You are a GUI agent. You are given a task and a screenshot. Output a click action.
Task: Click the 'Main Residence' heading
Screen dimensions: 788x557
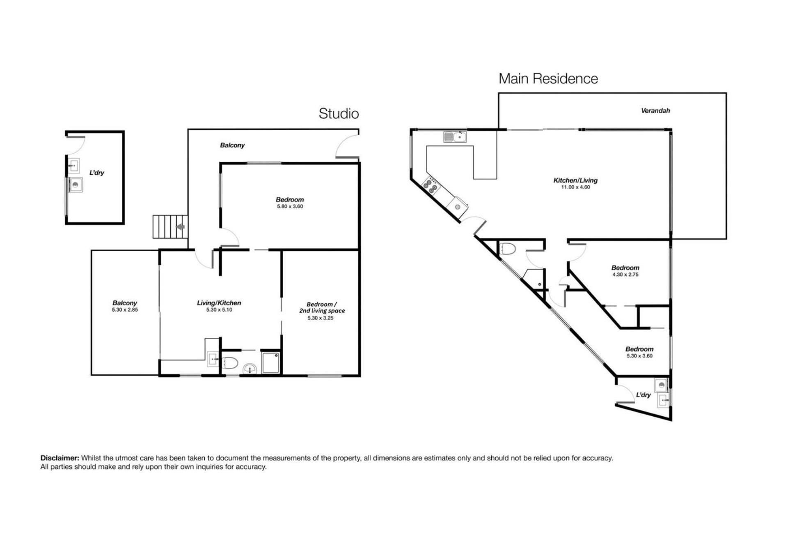click(548, 78)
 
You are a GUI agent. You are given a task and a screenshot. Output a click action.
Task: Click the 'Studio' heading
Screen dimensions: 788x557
click(339, 113)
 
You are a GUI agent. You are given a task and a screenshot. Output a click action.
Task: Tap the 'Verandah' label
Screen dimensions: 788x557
click(655, 110)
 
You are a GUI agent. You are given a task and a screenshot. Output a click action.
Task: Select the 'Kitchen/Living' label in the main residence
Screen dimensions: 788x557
click(575, 180)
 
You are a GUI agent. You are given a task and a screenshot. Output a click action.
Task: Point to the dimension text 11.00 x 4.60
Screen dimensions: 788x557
click(575, 187)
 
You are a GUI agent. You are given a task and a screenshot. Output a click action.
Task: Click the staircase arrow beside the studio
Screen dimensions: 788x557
click(180, 227)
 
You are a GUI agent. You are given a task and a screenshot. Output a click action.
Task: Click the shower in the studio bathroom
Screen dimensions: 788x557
click(271, 362)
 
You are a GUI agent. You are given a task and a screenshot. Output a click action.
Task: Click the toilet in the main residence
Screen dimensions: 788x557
click(509, 248)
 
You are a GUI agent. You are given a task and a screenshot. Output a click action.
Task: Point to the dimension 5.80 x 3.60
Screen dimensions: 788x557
click(290, 206)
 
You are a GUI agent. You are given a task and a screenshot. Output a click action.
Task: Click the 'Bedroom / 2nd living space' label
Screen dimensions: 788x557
click(322, 307)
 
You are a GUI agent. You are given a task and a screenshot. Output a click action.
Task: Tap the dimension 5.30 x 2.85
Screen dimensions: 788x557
click(125, 310)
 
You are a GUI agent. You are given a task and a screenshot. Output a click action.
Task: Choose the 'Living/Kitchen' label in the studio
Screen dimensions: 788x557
click(219, 303)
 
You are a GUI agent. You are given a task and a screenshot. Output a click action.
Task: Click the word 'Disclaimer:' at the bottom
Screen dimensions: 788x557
click(60, 458)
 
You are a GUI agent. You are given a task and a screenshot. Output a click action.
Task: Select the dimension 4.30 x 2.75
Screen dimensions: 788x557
click(625, 275)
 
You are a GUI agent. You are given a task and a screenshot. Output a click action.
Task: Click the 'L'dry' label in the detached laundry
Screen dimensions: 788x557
click(97, 173)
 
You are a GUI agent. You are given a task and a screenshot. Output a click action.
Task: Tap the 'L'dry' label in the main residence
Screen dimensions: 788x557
click(644, 395)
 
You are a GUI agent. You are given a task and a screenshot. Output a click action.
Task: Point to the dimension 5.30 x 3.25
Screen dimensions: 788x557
click(321, 318)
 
